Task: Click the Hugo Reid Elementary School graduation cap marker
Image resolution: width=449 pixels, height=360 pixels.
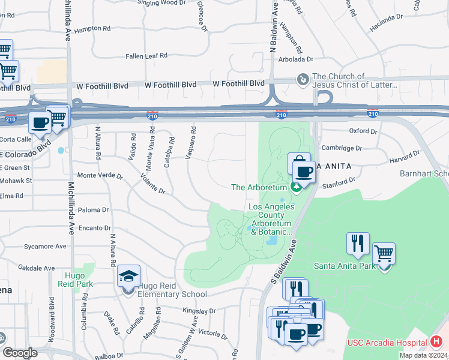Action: pos(128,277)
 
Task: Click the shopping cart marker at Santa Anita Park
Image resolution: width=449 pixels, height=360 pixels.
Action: pos(384,254)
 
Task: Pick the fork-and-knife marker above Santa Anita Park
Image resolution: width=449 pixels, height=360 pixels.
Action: pos(357,243)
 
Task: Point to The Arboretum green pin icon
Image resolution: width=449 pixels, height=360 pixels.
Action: pos(296,187)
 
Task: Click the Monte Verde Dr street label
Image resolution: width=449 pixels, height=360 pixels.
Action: pos(100,176)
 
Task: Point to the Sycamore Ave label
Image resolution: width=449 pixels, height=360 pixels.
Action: pos(45,246)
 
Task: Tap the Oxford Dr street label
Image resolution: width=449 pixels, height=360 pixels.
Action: pos(363,131)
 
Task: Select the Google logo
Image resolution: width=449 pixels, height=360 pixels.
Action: pos(20,353)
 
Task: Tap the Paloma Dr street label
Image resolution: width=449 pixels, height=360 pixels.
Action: pos(94,210)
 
